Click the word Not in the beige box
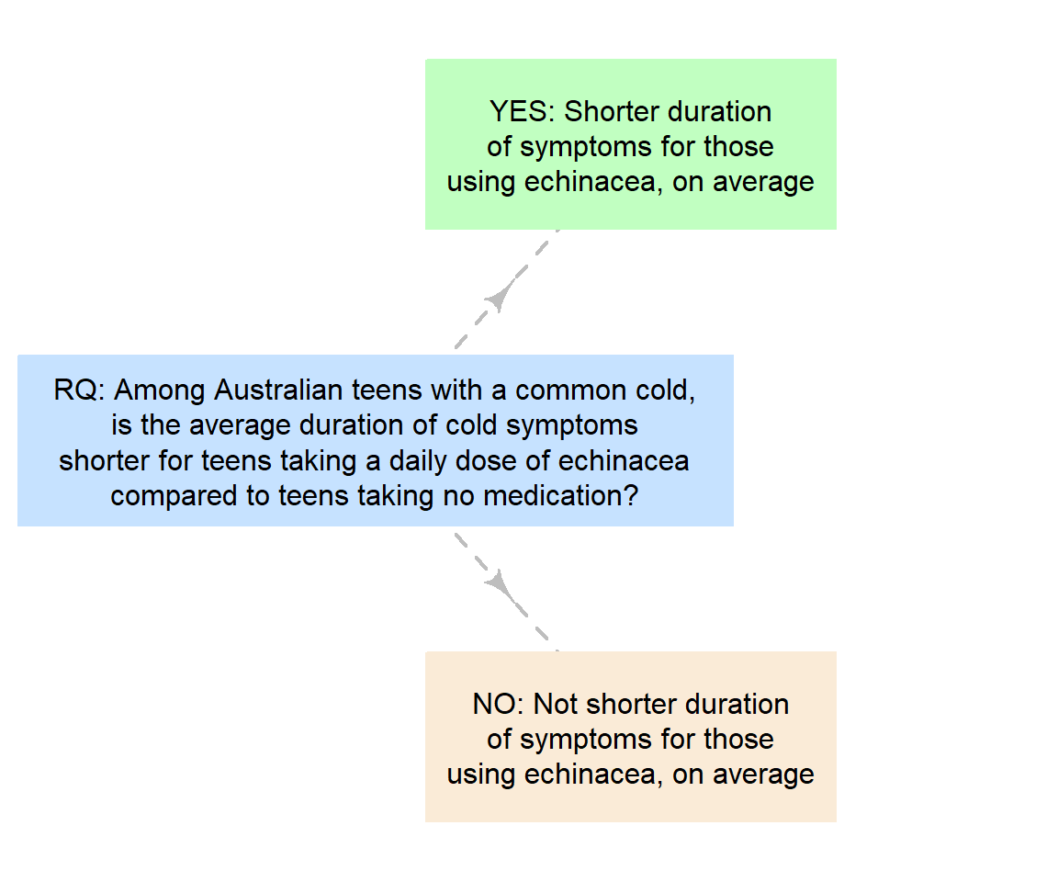click(x=556, y=705)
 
